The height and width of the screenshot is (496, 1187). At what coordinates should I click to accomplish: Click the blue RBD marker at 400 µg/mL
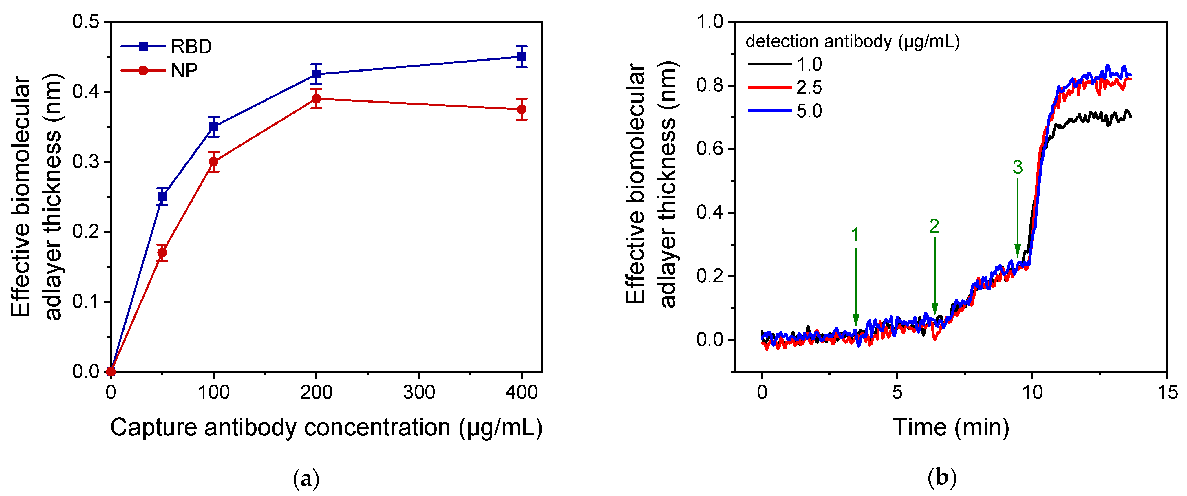coord(522,57)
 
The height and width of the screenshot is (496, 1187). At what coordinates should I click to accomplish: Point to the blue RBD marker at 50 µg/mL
coord(162,197)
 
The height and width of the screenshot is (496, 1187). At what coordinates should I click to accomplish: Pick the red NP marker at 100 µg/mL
coord(213,162)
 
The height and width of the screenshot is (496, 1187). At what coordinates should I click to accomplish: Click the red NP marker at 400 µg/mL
coord(522,109)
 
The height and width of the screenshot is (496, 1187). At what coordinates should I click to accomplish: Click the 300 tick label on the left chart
coord(418,392)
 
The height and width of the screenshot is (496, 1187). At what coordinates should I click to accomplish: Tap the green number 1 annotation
coord(855,235)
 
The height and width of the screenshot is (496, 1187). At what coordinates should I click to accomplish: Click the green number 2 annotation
coord(934,226)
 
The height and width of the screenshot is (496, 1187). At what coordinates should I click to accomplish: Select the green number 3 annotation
coord(1017,167)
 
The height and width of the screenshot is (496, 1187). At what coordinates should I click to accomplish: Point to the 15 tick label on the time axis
coord(1167,392)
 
